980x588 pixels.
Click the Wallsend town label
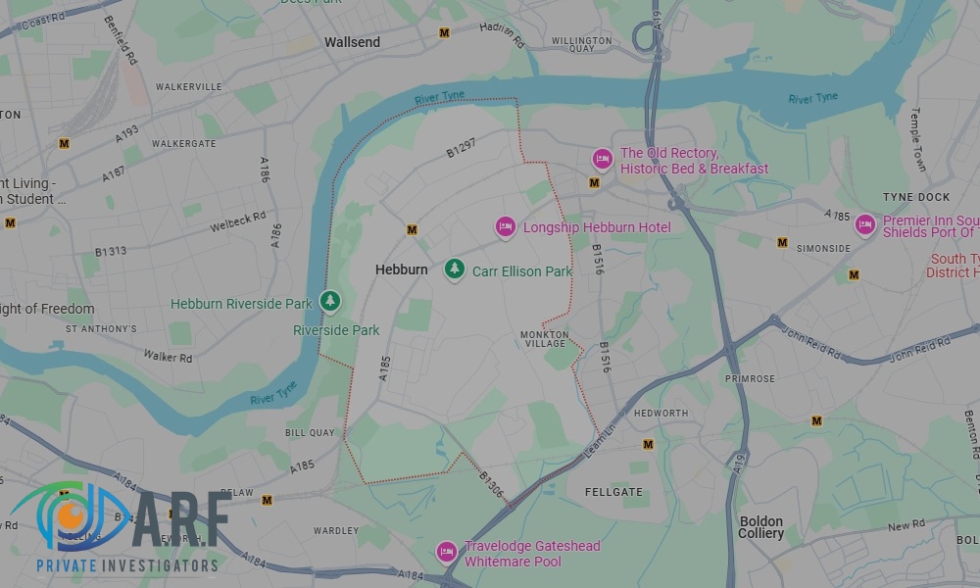tap(352, 42)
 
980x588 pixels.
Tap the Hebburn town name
tap(402, 269)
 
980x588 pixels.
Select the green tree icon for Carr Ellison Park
tap(454, 269)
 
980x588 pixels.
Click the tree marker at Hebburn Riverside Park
tap(331, 301)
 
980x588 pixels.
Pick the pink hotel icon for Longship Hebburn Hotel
tap(505, 226)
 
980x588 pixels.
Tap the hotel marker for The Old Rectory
tap(602, 159)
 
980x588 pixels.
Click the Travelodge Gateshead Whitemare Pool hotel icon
tap(447, 553)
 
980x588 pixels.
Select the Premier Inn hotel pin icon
tap(864, 225)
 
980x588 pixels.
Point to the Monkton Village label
tap(543, 339)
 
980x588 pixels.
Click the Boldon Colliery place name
tap(761, 527)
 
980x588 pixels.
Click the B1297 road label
tap(461, 148)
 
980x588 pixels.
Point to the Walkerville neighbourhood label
tap(188, 86)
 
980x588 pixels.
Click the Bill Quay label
tap(310, 432)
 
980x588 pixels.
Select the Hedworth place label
tap(661, 414)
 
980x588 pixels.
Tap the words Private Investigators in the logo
tap(127, 565)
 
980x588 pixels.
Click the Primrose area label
tap(750, 378)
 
